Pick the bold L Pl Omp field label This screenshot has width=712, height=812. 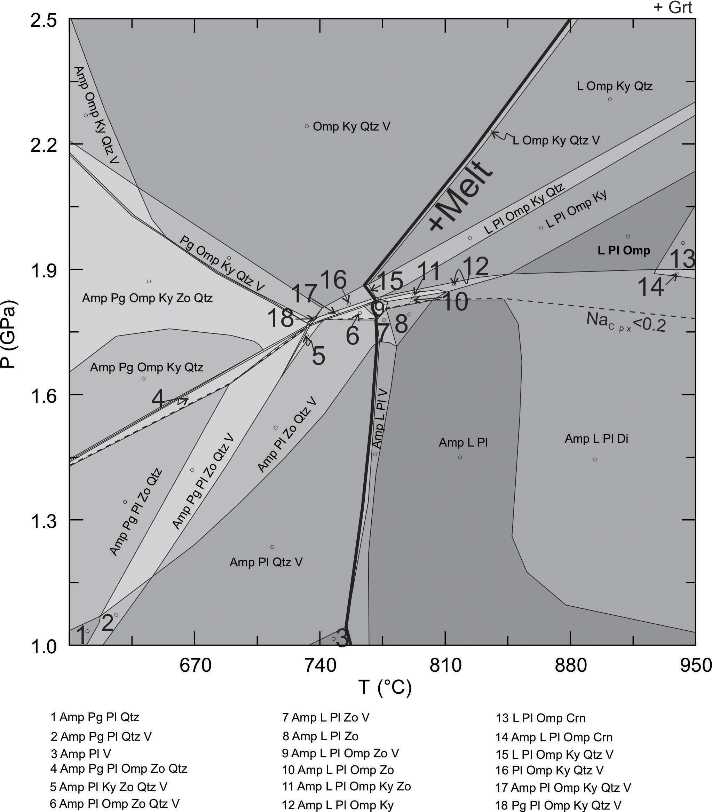coord(624,250)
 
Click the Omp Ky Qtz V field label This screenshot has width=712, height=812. coord(351,127)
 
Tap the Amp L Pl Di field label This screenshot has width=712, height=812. coord(596,439)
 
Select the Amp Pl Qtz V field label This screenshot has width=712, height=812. coord(266,562)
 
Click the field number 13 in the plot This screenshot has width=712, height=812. coord(682,259)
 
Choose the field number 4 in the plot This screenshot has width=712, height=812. coord(158,399)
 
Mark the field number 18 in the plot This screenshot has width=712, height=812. coord(280,318)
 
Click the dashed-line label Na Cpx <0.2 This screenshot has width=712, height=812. coord(626,322)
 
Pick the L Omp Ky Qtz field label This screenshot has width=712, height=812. coord(614,86)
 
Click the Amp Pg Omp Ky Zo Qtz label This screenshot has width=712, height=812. coord(147,298)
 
